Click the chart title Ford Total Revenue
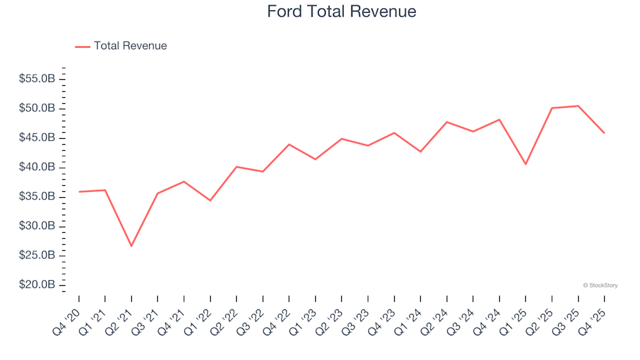(341, 12)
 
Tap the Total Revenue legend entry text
(130, 46)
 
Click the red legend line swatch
(83, 47)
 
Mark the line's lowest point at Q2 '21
(131, 246)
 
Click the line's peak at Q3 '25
(578, 106)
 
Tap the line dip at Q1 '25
(525, 164)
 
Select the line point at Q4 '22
(289, 144)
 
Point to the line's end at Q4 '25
(604, 133)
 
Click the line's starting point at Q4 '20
(79, 192)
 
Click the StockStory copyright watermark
(600, 285)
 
